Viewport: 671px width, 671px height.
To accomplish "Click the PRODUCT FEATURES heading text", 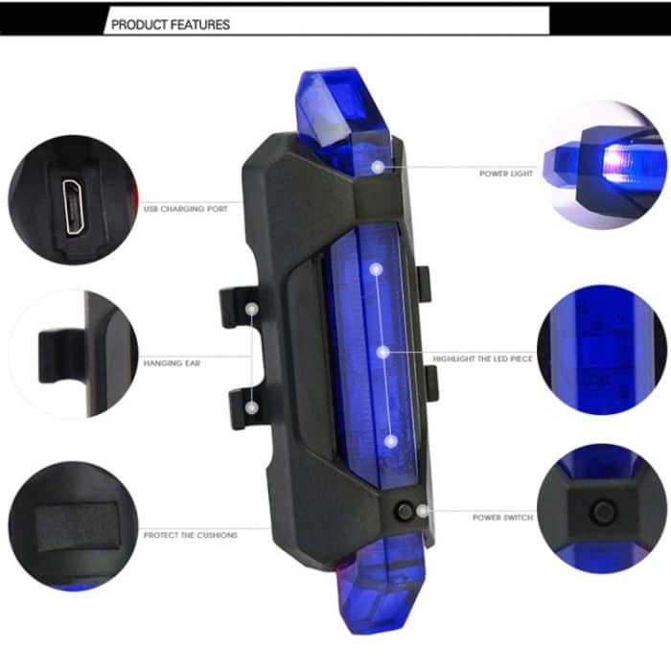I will (171, 24).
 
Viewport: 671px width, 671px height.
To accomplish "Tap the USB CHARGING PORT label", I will (186, 208).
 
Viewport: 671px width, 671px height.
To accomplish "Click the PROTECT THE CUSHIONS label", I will (191, 535).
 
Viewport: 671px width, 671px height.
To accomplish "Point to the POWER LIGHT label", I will (506, 174).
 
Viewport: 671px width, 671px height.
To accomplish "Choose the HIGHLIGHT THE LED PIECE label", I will (481, 359).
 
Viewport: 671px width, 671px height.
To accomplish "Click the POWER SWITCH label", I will (502, 518).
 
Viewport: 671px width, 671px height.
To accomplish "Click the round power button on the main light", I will (405, 512).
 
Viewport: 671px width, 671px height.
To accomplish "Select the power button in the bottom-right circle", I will (601, 512).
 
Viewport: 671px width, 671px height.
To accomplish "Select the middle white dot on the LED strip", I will (382, 353).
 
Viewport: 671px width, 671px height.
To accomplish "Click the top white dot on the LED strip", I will (377, 270).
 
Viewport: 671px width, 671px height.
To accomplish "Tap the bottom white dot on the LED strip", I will (390, 440).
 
